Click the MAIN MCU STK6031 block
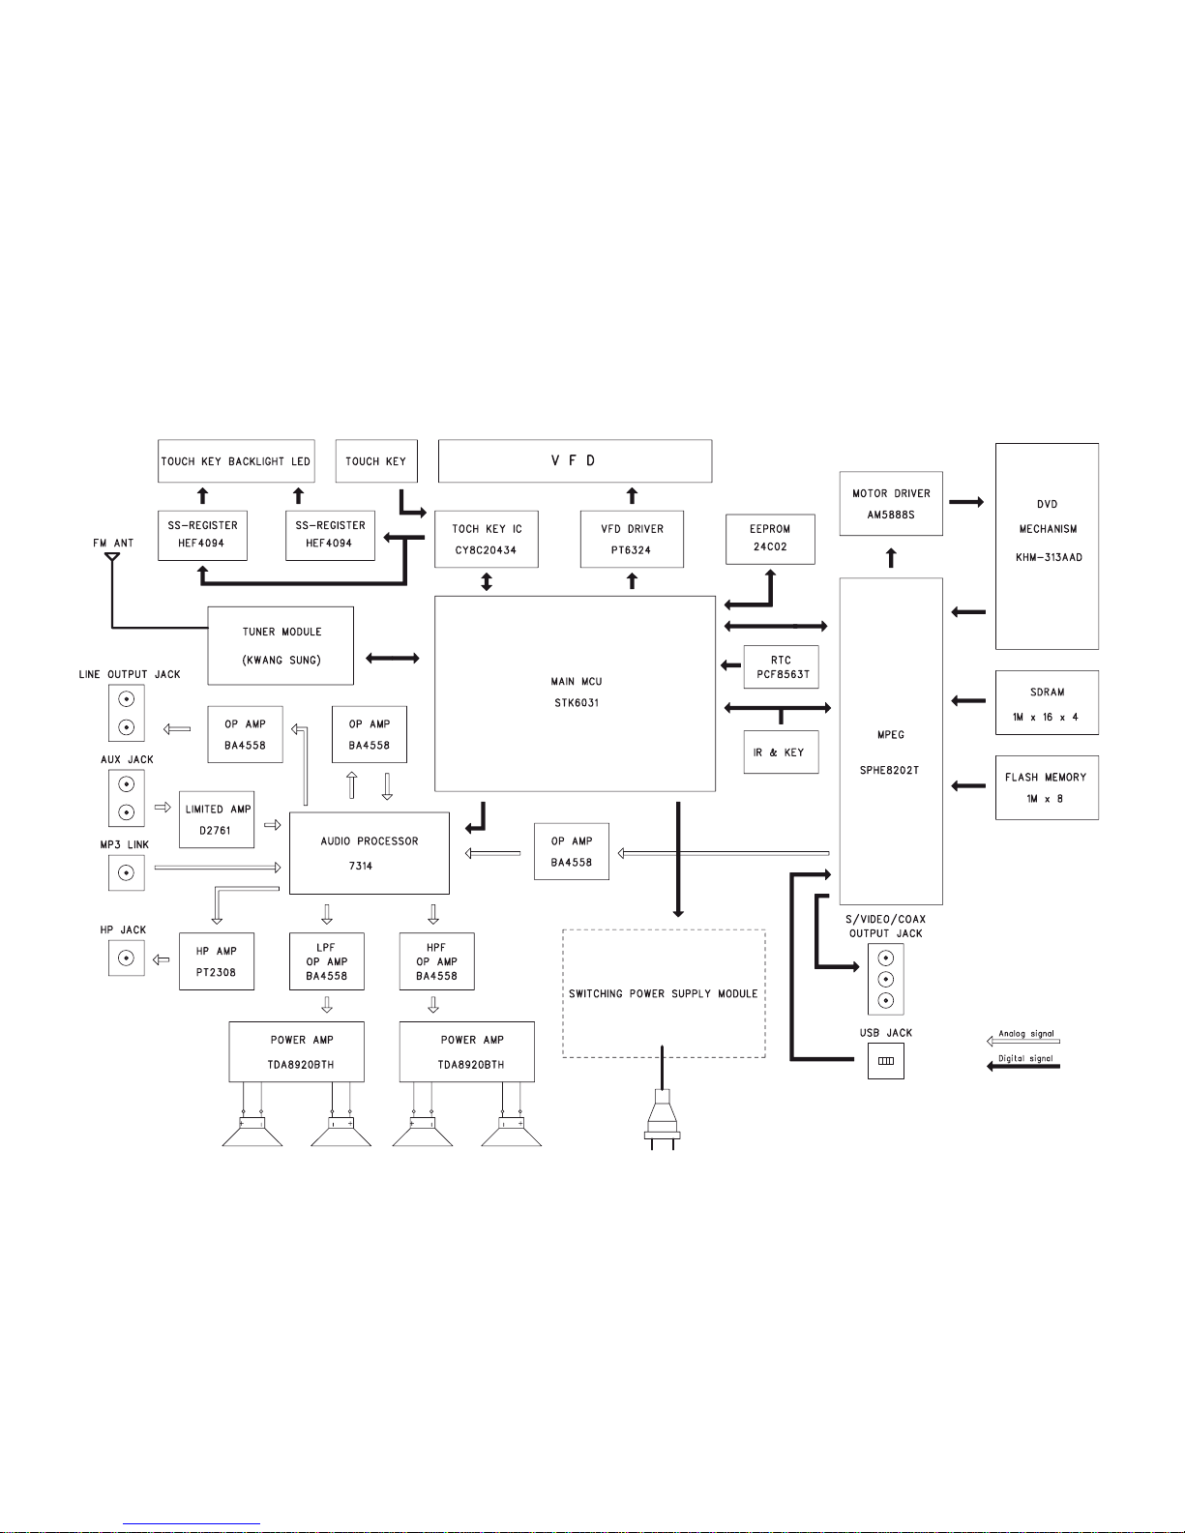575,693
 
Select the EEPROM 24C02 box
770,539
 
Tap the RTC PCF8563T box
781,666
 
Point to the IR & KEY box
781,752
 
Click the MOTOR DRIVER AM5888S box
890,503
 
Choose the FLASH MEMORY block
1047,787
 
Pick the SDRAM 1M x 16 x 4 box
1047,703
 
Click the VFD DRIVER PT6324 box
632,539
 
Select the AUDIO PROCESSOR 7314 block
369,853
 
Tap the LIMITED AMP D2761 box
217,819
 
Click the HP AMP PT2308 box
217,961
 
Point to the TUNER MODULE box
281,645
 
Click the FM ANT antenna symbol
112,558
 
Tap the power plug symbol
663,1122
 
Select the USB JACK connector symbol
885,1061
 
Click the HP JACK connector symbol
126,958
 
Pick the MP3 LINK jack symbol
126,873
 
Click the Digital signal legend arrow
1023,1066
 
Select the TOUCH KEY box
375,461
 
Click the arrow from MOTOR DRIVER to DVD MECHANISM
966,502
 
